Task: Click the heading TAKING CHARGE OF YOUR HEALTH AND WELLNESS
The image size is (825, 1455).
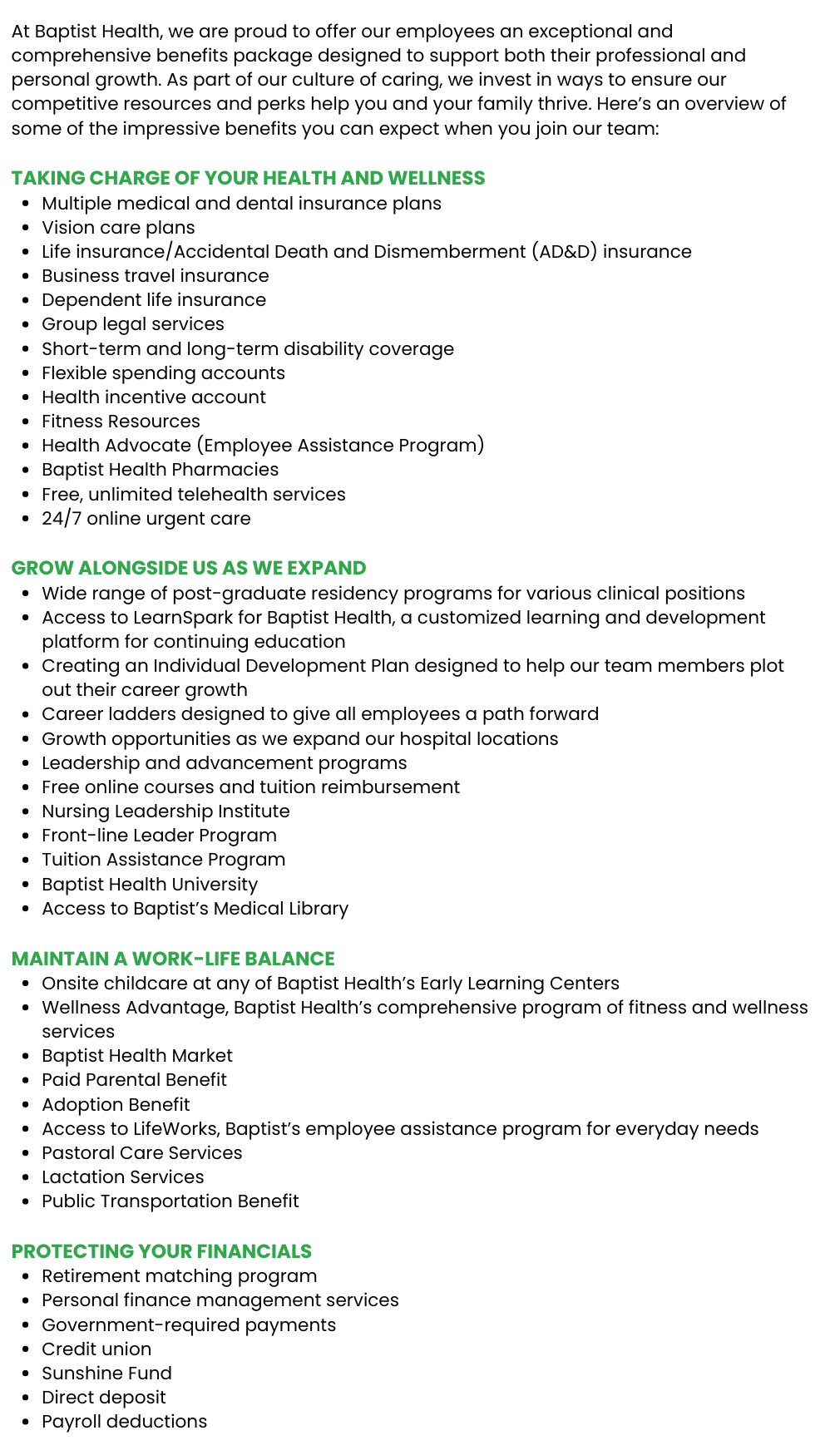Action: point(248,178)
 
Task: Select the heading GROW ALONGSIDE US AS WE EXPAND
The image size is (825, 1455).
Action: point(189,568)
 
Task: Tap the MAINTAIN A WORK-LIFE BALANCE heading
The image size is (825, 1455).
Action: point(173,959)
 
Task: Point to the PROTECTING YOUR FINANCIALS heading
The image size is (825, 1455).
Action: point(161,1251)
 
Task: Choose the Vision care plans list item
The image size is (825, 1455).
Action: point(118,228)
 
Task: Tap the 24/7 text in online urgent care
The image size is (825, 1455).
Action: point(61,519)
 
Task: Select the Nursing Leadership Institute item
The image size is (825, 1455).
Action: point(165,811)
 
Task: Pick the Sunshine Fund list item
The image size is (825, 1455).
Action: point(106,1374)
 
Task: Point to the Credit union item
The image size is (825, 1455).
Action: point(96,1349)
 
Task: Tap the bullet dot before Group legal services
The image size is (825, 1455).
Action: point(26,325)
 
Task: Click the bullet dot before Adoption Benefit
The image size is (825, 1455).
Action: point(26,1106)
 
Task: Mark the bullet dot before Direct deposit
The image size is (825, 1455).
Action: point(26,1398)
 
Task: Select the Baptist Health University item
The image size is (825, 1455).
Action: point(150,885)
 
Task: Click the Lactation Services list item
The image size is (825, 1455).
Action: point(122,1177)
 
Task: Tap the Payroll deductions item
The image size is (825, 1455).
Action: point(124,1422)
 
